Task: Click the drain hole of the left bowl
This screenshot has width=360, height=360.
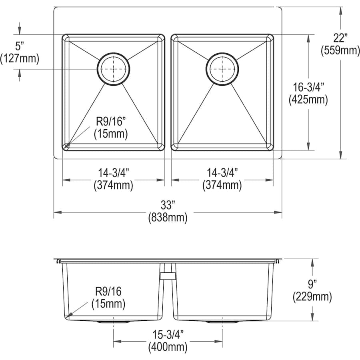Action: pos(114,69)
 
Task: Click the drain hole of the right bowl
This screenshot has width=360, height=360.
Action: pos(222,69)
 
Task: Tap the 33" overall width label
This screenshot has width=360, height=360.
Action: pos(168,205)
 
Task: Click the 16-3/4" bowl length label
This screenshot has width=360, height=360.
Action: pos(308,87)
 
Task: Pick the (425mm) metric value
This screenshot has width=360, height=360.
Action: pos(308,100)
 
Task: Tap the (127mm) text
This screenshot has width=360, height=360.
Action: pos(20,59)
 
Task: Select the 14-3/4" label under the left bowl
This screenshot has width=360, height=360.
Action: pos(114,173)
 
